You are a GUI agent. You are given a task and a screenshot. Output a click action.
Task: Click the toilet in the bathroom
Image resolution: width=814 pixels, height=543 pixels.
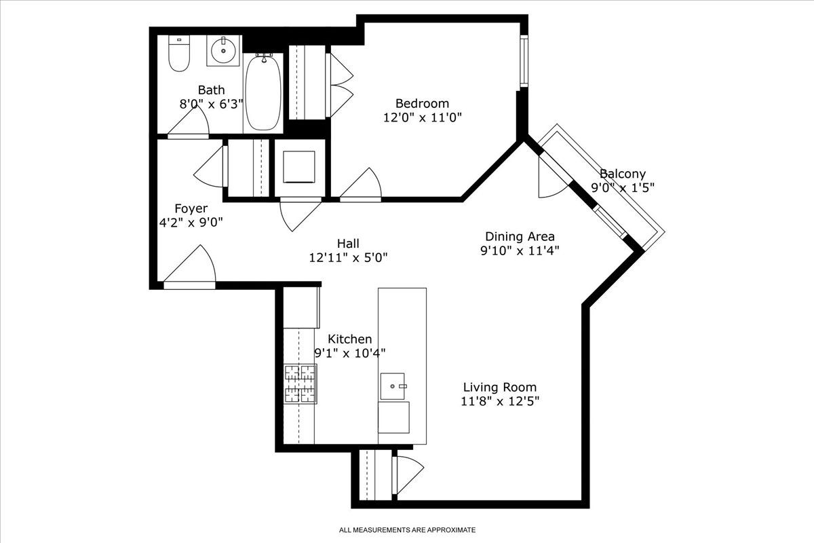[x=178, y=54]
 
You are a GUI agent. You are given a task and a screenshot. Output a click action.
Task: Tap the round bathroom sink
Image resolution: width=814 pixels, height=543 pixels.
[x=222, y=50]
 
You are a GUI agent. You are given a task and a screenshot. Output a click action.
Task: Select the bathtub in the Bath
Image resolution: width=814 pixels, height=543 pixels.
[x=262, y=93]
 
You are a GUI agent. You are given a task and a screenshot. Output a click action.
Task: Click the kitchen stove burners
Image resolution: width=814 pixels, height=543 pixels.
[x=300, y=384]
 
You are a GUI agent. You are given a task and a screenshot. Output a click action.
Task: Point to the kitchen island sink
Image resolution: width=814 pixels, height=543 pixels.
[x=393, y=386]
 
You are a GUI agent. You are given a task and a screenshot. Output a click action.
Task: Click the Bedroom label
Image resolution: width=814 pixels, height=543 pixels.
[x=422, y=103]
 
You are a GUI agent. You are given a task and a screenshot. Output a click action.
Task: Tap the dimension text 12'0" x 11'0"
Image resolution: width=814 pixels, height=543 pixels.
[x=422, y=117]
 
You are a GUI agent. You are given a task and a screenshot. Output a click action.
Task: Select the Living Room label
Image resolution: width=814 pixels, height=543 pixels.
[x=500, y=387]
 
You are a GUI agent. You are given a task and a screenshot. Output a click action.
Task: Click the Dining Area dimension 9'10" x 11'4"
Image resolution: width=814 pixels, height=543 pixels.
[x=520, y=250]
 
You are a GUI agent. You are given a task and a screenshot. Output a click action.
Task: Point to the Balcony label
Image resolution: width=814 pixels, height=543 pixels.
[x=622, y=174]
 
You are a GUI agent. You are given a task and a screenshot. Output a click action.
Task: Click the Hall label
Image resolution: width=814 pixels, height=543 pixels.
[x=347, y=243]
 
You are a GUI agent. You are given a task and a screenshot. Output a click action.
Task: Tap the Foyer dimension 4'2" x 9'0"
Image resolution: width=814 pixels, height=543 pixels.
[x=191, y=222]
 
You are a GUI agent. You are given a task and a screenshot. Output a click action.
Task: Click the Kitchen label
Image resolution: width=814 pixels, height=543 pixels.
[x=349, y=339]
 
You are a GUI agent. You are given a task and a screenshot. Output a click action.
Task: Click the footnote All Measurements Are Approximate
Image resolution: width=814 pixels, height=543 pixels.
[x=407, y=529]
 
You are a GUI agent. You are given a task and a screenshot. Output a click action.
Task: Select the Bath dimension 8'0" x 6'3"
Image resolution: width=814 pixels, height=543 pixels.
[x=211, y=104]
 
